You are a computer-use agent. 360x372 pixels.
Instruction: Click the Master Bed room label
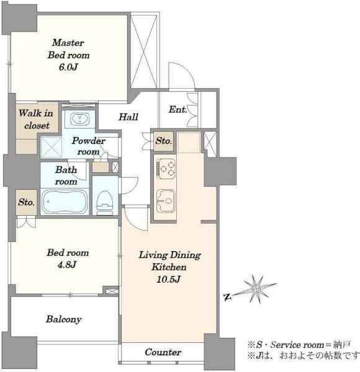[x=68, y=49]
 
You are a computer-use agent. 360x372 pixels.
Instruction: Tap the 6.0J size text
[x=68, y=68]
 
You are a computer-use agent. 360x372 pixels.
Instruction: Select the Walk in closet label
[x=36, y=119]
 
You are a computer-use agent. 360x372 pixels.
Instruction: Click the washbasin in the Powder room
[x=80, y=118]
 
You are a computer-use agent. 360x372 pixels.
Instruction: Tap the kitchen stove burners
[x=166, y=169]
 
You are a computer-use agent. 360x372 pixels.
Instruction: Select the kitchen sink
[x=166, y=200]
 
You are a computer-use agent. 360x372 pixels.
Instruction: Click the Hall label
[x=128, y=117]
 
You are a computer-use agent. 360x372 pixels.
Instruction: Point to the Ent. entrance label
[x=178, y=109]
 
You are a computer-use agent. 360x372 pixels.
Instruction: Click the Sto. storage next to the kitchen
[x=163, y=141]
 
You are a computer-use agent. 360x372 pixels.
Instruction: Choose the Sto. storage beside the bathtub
[x=26, y=202]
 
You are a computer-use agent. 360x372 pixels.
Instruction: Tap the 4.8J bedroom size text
[x=67, y=265]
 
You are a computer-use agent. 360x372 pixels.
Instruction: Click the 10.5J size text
[x=168, y=279]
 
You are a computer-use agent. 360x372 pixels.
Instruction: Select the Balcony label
[x=64, y=319]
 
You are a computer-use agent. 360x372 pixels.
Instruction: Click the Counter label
[x=163, y=352]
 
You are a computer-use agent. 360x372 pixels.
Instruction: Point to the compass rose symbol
[x=256, y=289]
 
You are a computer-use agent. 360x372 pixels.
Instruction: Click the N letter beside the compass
[x=227, y=296]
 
